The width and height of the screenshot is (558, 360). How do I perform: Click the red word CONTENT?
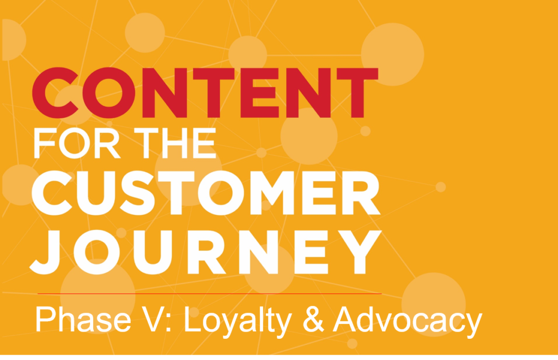pyautogui.click(x=205, y=93)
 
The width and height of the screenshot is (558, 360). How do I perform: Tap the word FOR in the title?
pyautogui.click(x=77, y=143)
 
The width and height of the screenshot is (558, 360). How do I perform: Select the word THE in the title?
pyautogui.click(x=175, y=143)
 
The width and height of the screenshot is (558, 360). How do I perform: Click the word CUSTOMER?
pyautogui.click(x=206, y=193)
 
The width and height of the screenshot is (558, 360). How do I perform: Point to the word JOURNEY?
pyautogui.click(x=205, y=252)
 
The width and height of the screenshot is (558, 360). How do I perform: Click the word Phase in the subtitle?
pyautogui.click(x=83, y=319)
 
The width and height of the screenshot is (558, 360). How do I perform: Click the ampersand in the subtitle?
pyautogui.click(x=313, y=319)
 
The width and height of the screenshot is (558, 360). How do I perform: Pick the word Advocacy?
pyautogui.click(x=408, y=321)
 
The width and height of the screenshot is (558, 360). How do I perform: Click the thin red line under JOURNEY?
pyautogui.click(x=210, y=294)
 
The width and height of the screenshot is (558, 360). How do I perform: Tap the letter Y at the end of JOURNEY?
pyautogui.click(x=360, y=252)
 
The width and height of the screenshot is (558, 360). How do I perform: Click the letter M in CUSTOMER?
pyautogui.click(x=272, y=193)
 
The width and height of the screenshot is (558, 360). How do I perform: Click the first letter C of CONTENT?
pyautogui.click(x=56, y=93)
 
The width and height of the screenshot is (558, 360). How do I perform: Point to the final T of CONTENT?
pyautogui.click(x=357, y=93)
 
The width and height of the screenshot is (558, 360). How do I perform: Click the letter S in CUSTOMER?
pyautogui.click(x=137, y=193)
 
